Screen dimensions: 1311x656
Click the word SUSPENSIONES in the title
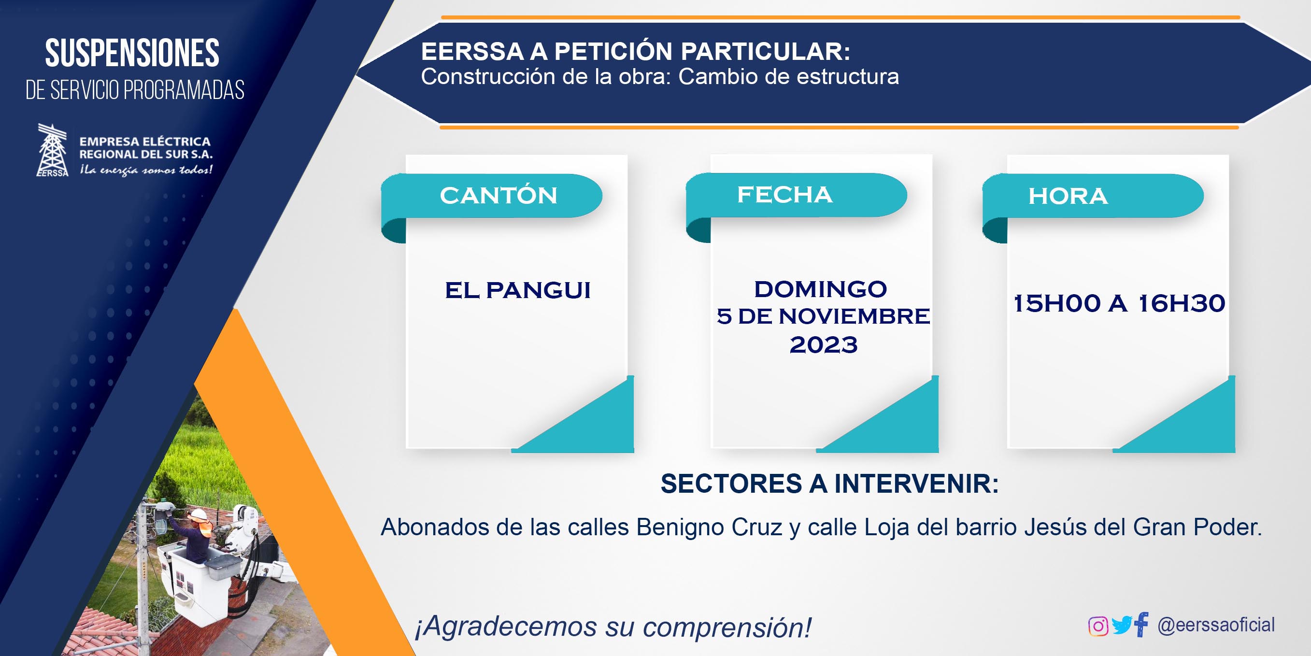(x=132, y=53)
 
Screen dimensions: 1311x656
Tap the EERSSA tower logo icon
(x=53, y=150)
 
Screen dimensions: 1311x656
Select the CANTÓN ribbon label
(x=499, y=196)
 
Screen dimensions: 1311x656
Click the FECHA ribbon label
(x=785, y=194)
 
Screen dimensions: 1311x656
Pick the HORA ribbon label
(x=1068, y=197)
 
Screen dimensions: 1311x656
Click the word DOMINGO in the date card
(x=820, y=289)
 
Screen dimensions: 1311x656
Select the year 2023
(x=824, y=345)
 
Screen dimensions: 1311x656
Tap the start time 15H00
(x=1057, y=303)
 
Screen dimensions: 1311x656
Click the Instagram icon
(x=1098, y=626)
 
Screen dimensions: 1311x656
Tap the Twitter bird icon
(x=1122, y=626)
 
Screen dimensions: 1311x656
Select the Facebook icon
(x=1141, y=625)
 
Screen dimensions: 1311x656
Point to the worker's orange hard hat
(x=198, y=514)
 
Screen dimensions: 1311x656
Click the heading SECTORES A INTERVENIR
(x=829, y=484)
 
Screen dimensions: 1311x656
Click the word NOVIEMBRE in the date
(x=854, y=316)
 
